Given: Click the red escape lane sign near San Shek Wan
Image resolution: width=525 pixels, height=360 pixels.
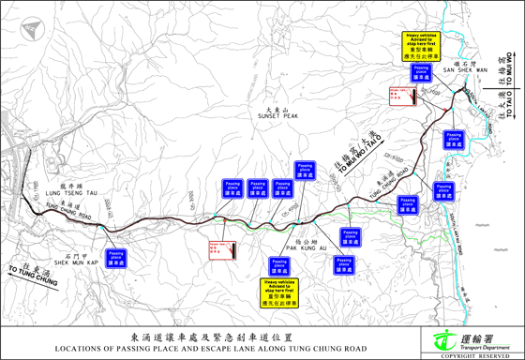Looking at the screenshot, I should click(401, 97).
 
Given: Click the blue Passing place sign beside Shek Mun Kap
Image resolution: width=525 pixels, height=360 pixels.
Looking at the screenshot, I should click(116, 257).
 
